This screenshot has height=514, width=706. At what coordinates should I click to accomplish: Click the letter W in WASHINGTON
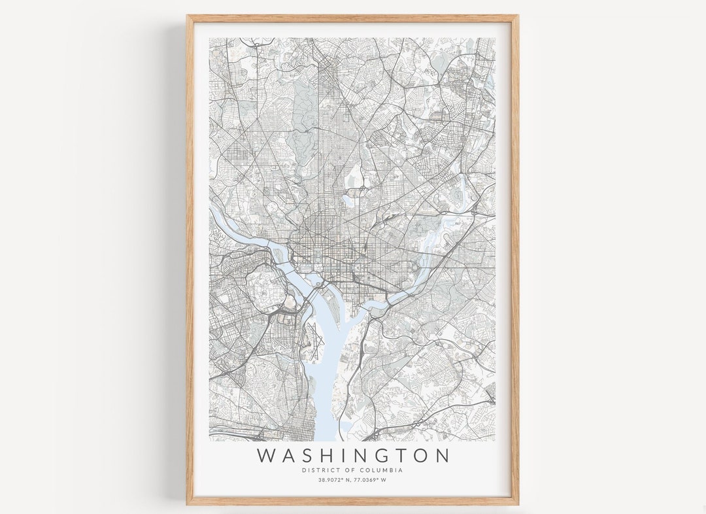[x=267, y=455]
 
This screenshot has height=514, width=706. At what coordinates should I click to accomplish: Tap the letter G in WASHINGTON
[x=377, y=455]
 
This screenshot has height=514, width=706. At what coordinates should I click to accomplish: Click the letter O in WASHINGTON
[x=419, y=455]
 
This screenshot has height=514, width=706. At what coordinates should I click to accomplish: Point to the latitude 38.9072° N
[x=335, y=480]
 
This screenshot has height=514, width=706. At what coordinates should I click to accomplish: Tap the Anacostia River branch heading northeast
[x=431, y=248]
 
